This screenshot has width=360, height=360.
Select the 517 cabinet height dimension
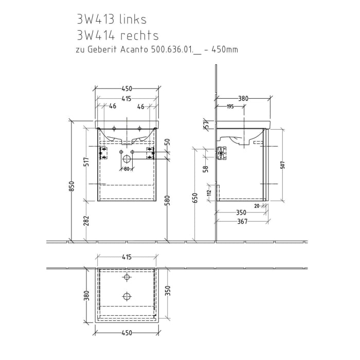coord(87,162)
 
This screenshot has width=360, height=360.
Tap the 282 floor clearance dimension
coord(87,221)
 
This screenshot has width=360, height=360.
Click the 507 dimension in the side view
coord(283,165)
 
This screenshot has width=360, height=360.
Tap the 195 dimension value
coord(230,106)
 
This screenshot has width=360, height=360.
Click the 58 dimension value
coord(205,168)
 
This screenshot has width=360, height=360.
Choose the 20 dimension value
coord(256,206)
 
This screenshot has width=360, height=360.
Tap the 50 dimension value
coord(167,142)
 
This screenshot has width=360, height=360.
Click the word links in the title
coord(133,20)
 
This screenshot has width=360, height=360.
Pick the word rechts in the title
coord(139,35)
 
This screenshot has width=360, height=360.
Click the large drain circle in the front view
coord(126,159)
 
